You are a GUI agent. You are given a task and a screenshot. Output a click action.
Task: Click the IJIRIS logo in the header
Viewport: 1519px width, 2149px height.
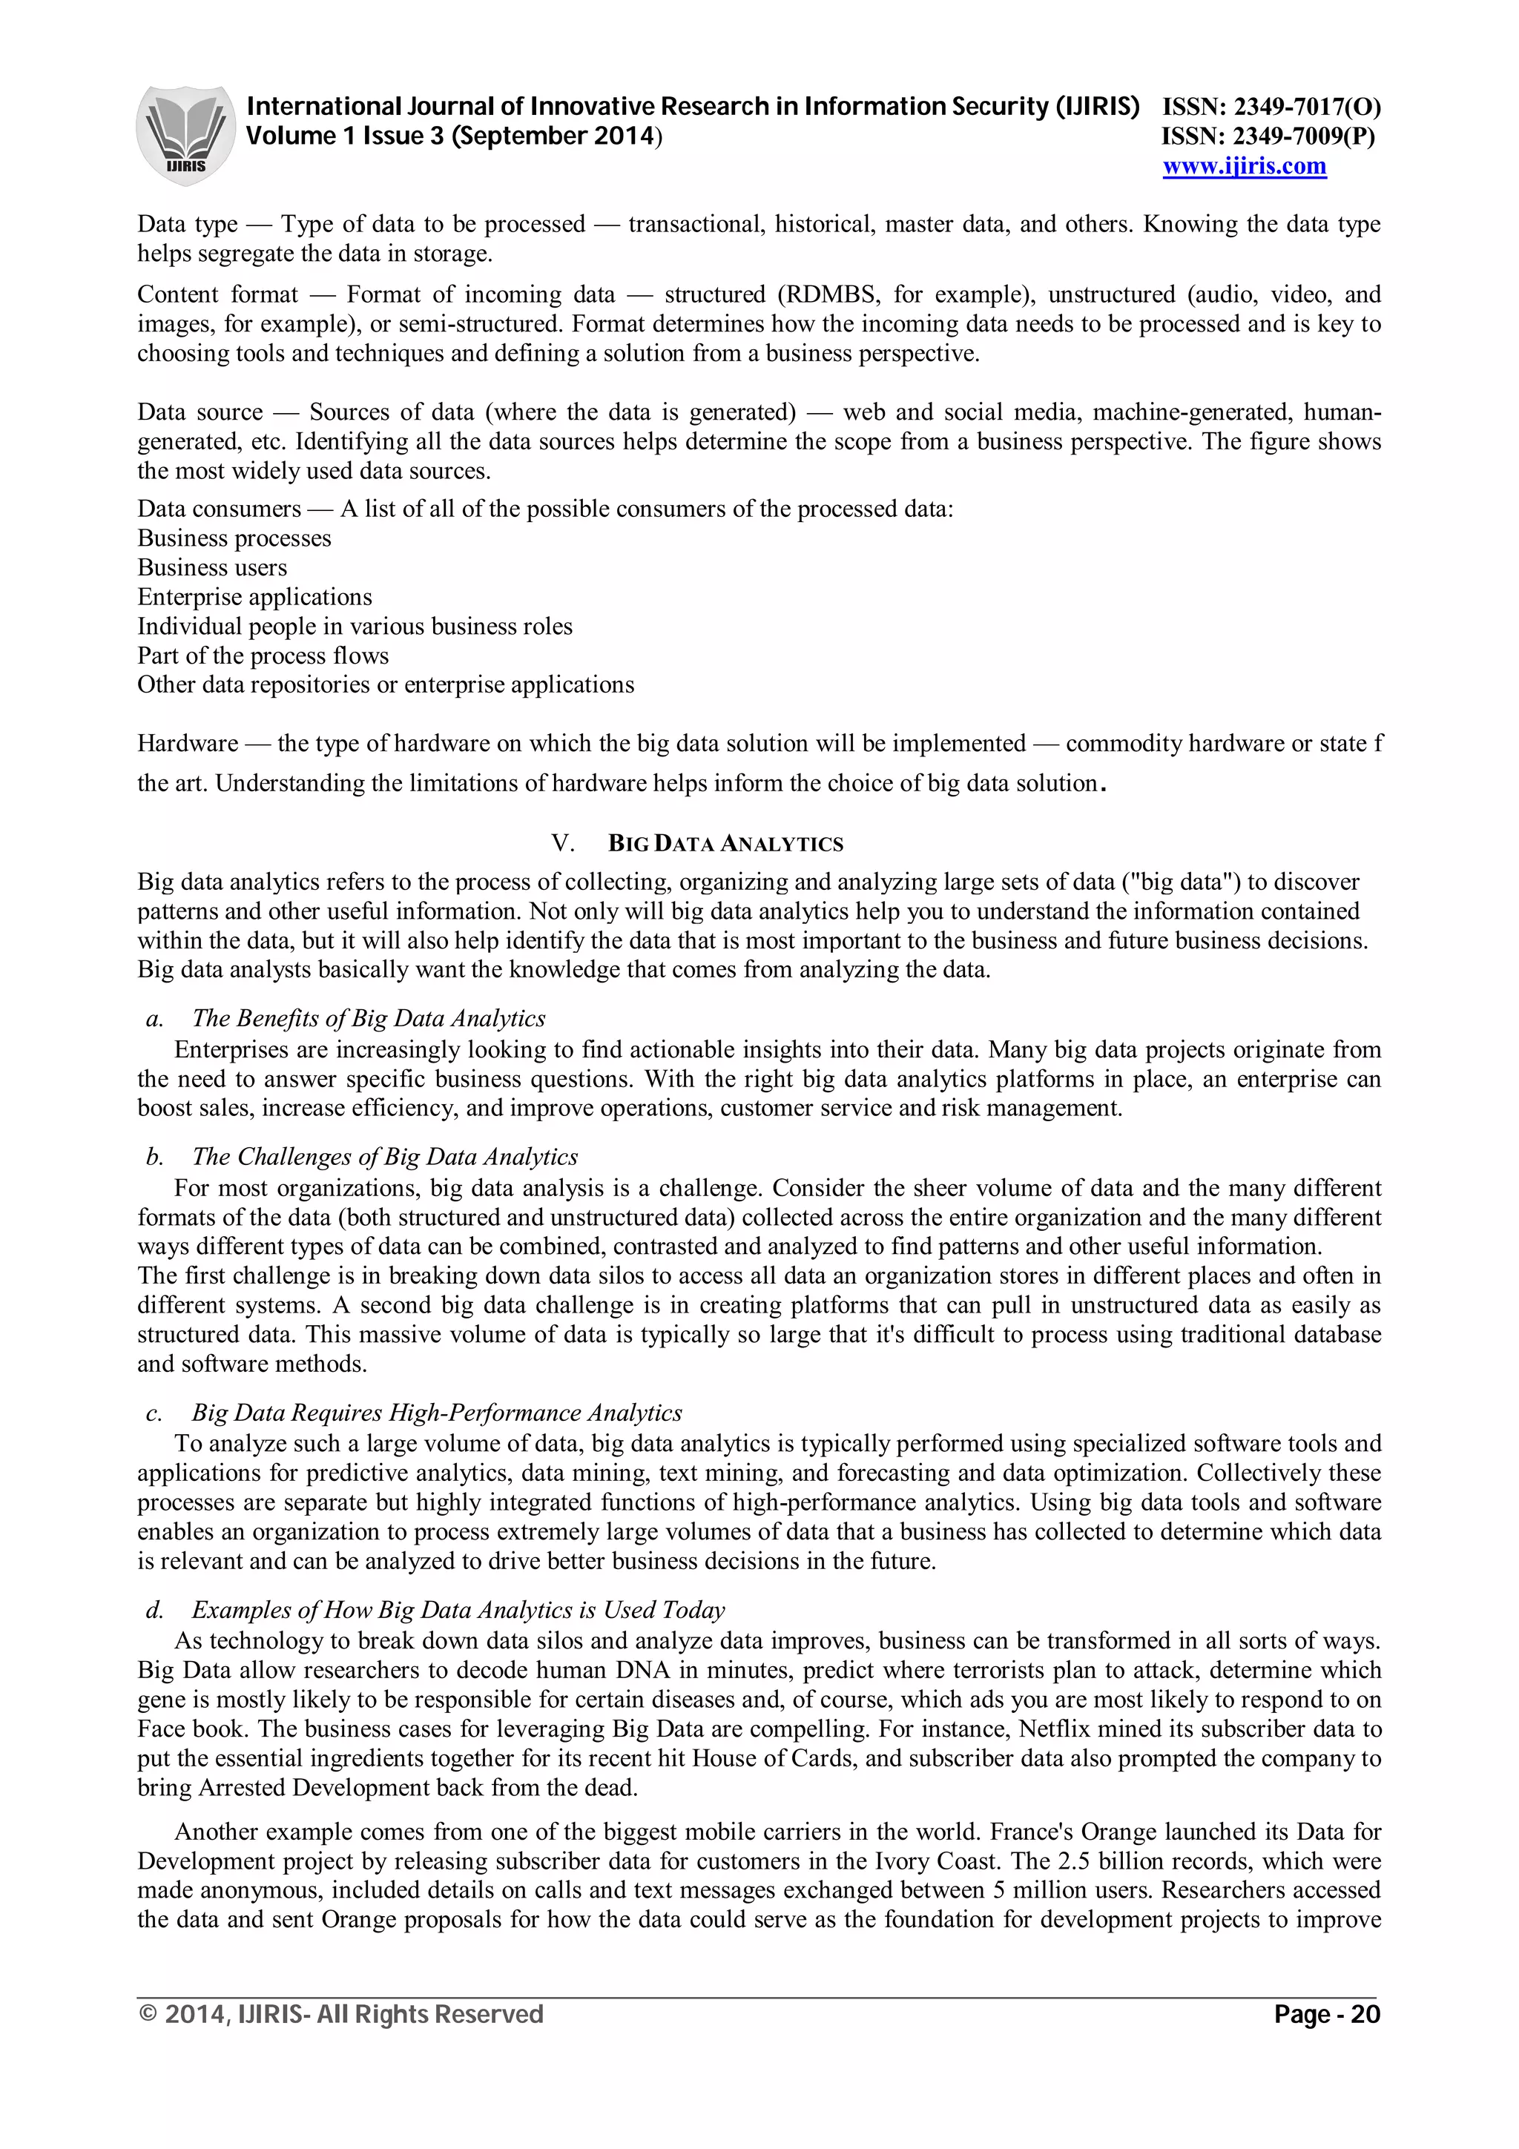point(185,135)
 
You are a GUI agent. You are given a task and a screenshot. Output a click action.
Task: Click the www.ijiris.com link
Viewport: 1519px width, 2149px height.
point(1244,167)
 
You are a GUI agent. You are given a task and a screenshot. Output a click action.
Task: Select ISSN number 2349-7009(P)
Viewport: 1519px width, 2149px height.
point(1268,136)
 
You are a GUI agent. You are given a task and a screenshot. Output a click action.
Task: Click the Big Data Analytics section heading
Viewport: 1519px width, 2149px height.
point(725,843)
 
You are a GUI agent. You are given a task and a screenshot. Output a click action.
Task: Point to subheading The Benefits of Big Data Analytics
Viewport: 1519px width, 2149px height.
point(369,1018)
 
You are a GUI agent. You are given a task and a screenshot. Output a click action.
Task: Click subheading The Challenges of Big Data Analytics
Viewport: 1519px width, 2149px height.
point(385,1157)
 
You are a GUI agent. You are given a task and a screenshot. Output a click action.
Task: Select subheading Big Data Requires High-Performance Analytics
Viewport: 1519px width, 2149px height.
point(436,1413)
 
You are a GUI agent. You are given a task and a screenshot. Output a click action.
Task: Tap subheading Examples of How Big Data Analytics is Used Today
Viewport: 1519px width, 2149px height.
point(458,1610)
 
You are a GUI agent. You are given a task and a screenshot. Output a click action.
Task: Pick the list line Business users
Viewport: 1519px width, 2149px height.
point(212,568)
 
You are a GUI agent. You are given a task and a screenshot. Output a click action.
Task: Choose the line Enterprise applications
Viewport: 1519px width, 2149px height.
point(254,597)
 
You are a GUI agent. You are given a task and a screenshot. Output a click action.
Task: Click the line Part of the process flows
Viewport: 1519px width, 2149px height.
point(263,656)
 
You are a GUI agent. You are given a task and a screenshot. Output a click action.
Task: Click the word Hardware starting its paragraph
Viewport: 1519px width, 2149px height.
point(187,743)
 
